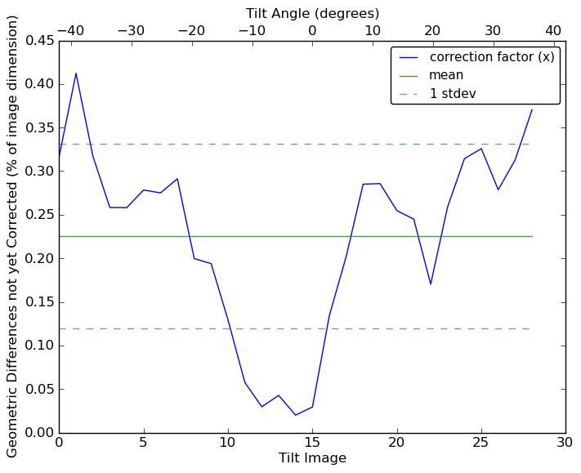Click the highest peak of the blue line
pyautogui.click(x=76, y=74)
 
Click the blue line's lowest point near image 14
pyautogui.click(x=295, y=415)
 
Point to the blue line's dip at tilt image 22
pyautogui.click(x=431, y=284)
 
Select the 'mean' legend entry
pyautogui.click(x=446, y=75)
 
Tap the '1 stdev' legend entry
pyautogui.click(x=453, y=94)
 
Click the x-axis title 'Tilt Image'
pyautogui.click(x=312, y=458)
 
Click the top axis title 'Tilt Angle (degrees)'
pyautogui.click(x=312, y=13)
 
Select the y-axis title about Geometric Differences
pyautogui.click(x=13, y=236)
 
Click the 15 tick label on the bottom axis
pyautogui.click(x=312, y=443)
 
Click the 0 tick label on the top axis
pyautogui.click(x=312, y=30)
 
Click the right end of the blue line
pyautogui.click(x=532, y=109)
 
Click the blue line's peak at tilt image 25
pyautogui.click(x=481, y=148)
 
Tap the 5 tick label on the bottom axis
pyautogui.click(x=143, y=443)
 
